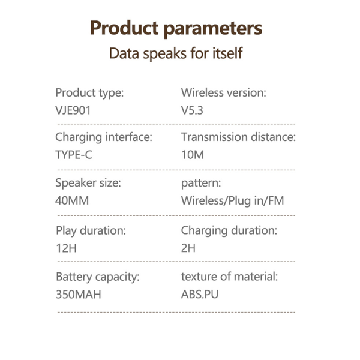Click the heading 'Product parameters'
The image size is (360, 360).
[176, 28]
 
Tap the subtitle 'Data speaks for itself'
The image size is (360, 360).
[176, 53]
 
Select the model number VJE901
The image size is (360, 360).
[73, 110]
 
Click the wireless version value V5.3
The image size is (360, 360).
[192, 110]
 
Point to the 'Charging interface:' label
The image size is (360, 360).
[104, 137]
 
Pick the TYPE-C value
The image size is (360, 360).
[74, 155]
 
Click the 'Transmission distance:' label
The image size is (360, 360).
[238, 137]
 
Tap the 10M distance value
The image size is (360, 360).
[193, 155]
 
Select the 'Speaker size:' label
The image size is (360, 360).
[88, 183]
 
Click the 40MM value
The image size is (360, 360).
[72, 200]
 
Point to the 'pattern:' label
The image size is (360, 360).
[201, 184]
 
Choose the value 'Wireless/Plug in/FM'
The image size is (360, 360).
[233, 201]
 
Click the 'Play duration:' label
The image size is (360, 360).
[91, 231]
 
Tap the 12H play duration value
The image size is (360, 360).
[66, 248]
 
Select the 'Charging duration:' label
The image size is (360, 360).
[229, 231]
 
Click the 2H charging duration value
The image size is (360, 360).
[188, 248]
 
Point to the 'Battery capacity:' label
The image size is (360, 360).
[98, 277]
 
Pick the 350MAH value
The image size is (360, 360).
[79, 295]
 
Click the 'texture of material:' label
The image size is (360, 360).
[229, 277]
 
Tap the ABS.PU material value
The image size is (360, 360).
[200, 295]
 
